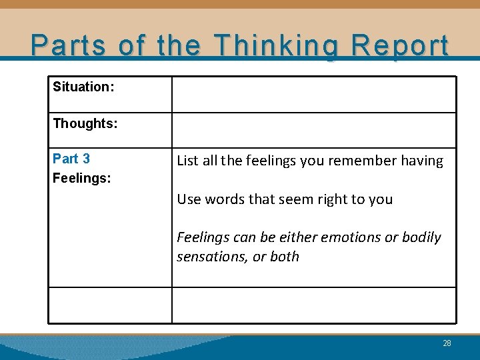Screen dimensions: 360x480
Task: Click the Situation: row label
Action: point(83,87)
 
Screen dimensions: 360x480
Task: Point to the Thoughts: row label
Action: point(85,123)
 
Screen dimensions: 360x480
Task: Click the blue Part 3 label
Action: point(71,159)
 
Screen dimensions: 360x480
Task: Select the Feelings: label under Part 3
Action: point(82,179)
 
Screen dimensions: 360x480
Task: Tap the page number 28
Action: point(447,343)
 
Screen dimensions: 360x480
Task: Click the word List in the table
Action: point(188,161)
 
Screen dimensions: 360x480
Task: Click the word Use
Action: point(189,199)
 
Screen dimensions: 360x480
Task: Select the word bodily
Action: point(421,237)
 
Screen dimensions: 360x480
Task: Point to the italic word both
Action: point(285,257)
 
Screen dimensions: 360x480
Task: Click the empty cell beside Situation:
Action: point(314,94)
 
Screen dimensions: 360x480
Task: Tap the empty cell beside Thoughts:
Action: point(314,130)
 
